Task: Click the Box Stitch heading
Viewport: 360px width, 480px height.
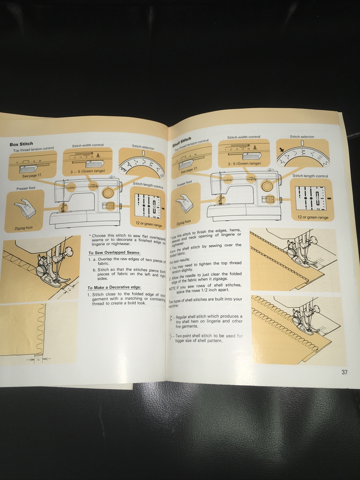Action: (x=21, y=144)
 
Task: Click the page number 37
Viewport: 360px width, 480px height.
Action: (x=344, y=372)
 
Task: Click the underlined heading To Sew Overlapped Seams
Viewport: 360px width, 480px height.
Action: (x=114, y=253)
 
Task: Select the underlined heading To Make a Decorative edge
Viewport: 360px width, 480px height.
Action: (x=114, y=287)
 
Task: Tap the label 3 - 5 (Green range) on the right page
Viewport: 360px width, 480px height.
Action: (x=244, y=163)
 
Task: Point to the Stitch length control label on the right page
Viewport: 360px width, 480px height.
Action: (x=310, y=176)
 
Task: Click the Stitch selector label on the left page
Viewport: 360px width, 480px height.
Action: (x=143, y=147)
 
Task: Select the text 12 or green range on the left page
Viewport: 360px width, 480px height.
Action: (x=149, y=224)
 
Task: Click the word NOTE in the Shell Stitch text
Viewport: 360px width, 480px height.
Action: (x=172, y=289)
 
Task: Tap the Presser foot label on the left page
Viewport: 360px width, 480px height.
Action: (x=26, y=188)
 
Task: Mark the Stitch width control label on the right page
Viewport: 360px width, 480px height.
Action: (x=244, y=137)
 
